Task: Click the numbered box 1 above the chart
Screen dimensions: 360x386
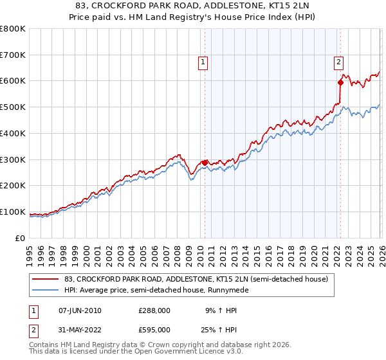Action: tap(203, 62)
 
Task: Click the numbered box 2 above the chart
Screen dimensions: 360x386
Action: tap(338, 62)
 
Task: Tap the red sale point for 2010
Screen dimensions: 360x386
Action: tap(205, 163)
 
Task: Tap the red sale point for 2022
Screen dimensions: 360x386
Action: tap(340, 82)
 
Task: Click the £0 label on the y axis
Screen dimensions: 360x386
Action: tap(21, 238)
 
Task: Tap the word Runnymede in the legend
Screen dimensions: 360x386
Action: tap(226, 290)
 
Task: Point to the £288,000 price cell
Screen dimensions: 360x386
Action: tap(154, 310)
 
